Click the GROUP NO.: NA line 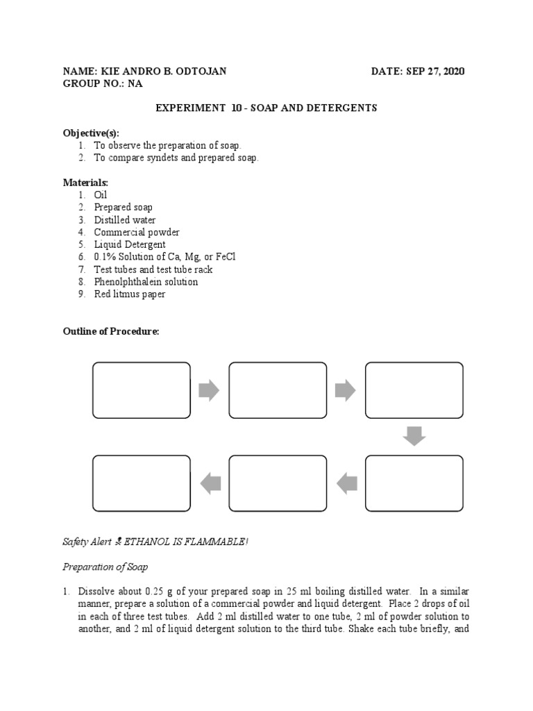coord(103,84)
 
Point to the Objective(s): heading coord(91,133)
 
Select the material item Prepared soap coord(124,207)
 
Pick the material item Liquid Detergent coord(130,244)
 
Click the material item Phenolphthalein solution coord(146,282)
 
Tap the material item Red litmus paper coord(130,294)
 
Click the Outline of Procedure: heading coord(111,332)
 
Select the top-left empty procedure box coord(142,390)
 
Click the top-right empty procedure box coord(414,390)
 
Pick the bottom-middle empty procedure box coord(278,483)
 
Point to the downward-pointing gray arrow coord(414,436)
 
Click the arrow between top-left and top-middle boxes coord(209,390)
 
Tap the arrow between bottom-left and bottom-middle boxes coord(210,483)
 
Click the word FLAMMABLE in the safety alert coord(214,542)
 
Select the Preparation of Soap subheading coord(105,567)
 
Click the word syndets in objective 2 coord(167,158)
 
